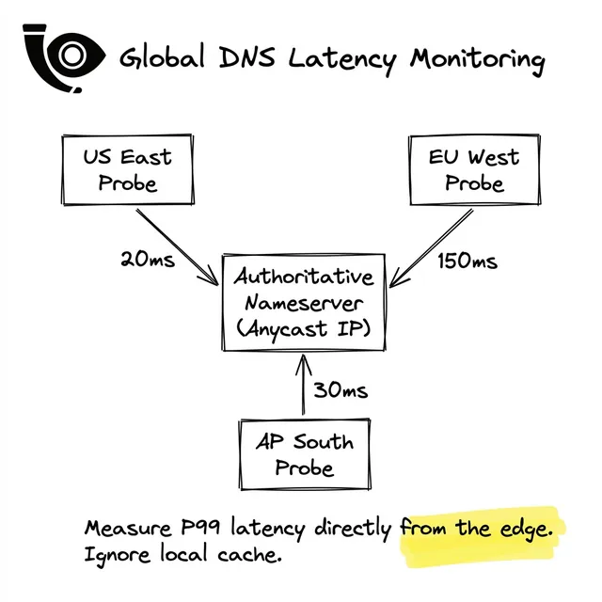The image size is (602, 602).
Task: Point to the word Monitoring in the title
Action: [x=477, y=60]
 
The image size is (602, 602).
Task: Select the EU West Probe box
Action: [x=473, y=169]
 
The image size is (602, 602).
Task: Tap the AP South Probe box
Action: [x=304, y=453]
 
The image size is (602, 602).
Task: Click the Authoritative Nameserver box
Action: [x=304, y=303]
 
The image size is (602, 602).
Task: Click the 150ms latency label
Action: [x=467, y=261]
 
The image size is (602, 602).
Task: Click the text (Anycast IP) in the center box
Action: [x=304, y=328]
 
